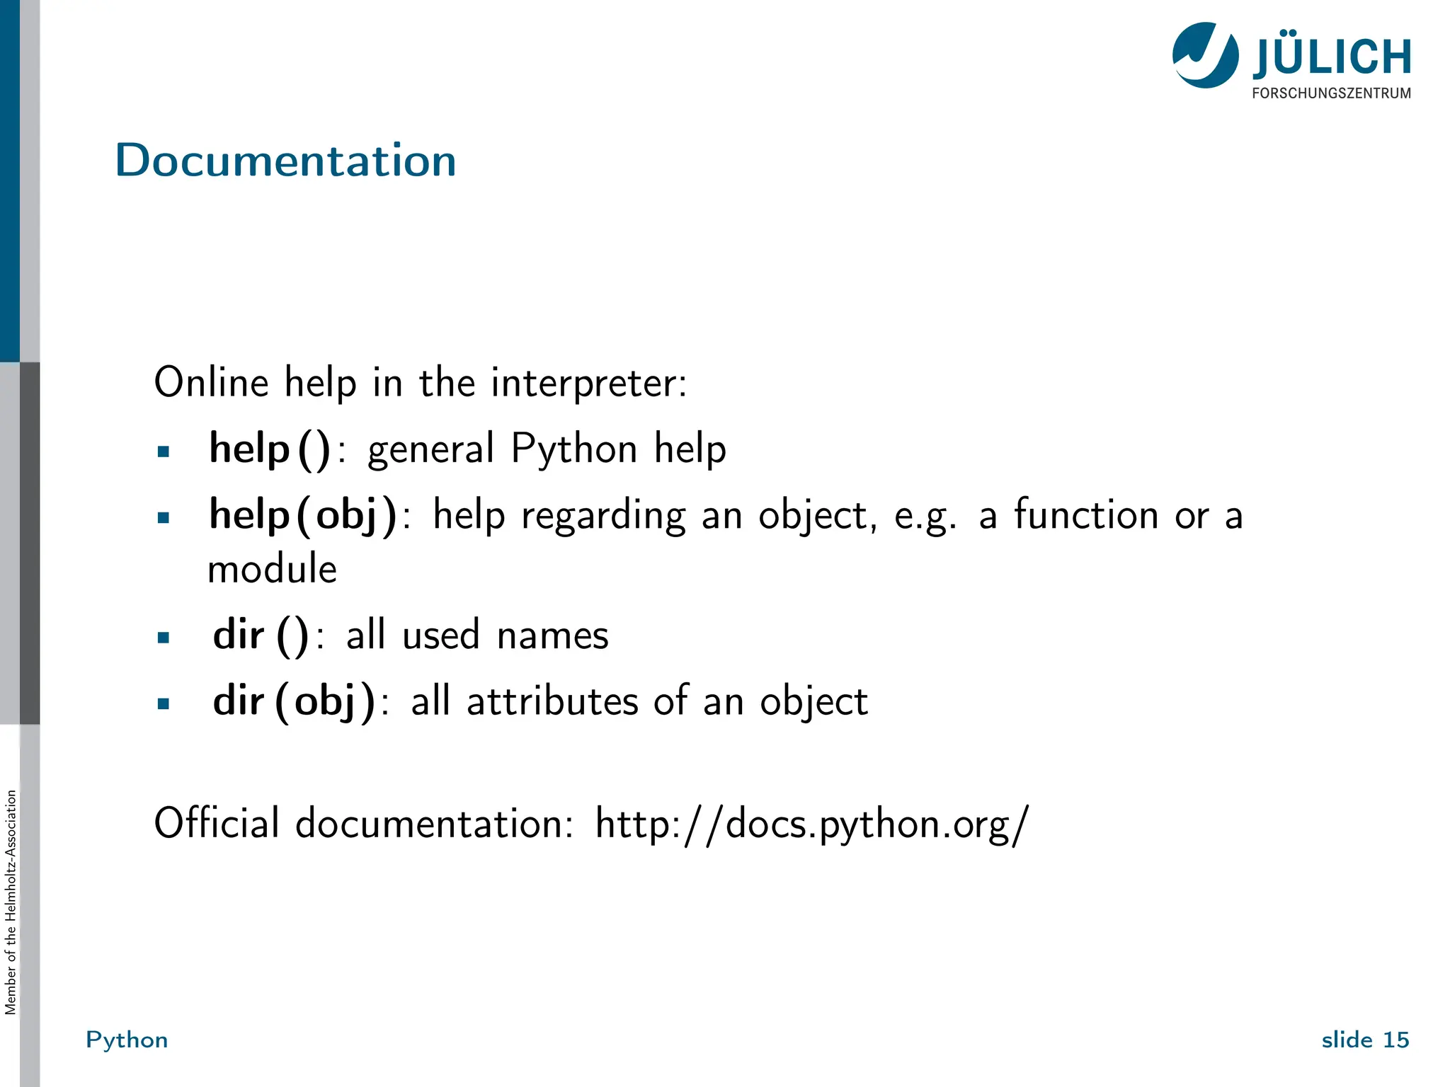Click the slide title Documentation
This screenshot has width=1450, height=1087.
tap(285, 161)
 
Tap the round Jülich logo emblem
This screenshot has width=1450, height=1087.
tap(1205, 55)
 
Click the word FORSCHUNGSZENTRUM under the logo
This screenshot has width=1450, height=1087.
tap(1331, 93)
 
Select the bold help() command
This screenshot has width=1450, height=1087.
tap(270, 449)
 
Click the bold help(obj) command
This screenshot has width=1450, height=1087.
tap(303, 515)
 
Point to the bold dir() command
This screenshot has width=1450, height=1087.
tap(261, 635)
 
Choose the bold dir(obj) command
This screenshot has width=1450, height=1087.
tap(294, 701)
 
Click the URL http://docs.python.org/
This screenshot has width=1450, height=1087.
tap(811, 824)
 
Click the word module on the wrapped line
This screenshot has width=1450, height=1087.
tap(272, 569)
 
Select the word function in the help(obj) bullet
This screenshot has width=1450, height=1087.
tap(1086, 514)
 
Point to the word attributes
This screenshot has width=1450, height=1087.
tap(552, 701)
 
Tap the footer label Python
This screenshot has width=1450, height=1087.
tap(127, 1040)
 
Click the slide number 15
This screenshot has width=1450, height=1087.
tap(1395, 1040)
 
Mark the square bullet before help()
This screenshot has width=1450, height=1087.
tap(164, 452)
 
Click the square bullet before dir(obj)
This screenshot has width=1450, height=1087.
tap(164, 703)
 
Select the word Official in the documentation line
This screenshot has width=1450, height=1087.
tap(217, 823)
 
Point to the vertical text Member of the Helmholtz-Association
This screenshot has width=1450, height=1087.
tap(11, 902)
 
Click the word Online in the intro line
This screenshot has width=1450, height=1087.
tap(212, 383)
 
